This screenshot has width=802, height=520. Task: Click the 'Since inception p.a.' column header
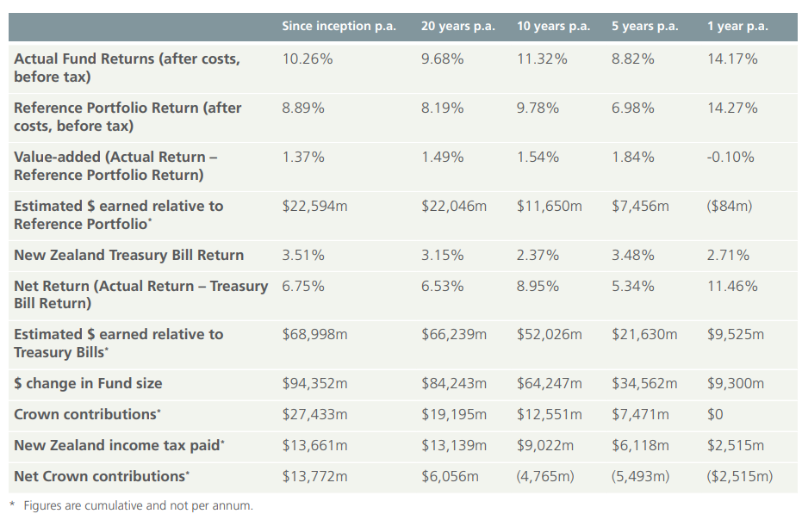(x=339, y=27)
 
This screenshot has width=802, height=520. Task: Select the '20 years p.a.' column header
(x=457, y=27)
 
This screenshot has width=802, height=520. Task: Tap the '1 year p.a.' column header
(x=737, y=27)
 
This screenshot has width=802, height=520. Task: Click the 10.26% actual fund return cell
(x=308, y=59)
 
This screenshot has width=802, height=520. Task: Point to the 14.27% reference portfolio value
(x=732, y=108)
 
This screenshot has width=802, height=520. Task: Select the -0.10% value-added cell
(x=731, y=157)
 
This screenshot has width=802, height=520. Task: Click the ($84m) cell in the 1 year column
(x=730, y=206)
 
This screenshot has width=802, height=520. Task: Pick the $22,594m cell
(x=314, y=206)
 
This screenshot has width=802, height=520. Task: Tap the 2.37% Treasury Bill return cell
(x=538, y=255)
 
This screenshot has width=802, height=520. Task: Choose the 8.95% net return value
(x=538, y=286)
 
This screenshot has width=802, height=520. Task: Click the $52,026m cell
(x=549, y=334)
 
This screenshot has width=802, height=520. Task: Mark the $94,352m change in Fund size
(x=314, y=383)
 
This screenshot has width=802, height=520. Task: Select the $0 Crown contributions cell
(x=715, y=414)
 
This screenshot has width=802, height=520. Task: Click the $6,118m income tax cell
(x=640, y=445)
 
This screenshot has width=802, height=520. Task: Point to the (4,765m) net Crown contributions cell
(x=545, y=477)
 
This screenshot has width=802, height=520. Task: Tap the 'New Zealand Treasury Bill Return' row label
(x=129, y=255)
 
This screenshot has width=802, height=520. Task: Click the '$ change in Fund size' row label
(x=88, y=383)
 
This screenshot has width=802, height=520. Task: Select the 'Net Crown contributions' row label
(x=102, y=477)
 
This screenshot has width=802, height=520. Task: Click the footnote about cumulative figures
(x=132, y=505)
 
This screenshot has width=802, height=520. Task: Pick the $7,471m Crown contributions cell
(x=640, y=414)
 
